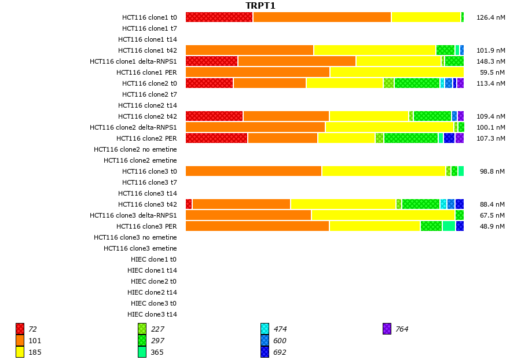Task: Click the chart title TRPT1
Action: [260, 6]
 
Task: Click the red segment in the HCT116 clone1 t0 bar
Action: [219, 17]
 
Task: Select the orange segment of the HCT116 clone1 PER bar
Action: [258, 72]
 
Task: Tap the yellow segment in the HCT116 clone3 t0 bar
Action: [383, 171]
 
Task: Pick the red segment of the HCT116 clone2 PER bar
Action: [217, 138]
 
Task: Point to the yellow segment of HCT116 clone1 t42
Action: [375, 50]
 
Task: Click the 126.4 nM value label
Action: [490, 17]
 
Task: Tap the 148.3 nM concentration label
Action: [490, 61]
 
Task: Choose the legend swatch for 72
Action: [20, 329]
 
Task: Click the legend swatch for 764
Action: [387, 329]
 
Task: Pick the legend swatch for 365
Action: [142, 352]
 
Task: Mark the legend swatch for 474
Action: [265, 329]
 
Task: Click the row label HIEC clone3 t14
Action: [152, 314]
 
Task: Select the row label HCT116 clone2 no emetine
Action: [135, 149]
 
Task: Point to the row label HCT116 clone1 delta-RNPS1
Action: [133, 61]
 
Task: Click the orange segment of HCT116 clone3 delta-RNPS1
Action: [248, 215]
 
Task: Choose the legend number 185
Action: [35, 352]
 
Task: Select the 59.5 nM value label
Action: [493, 72]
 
